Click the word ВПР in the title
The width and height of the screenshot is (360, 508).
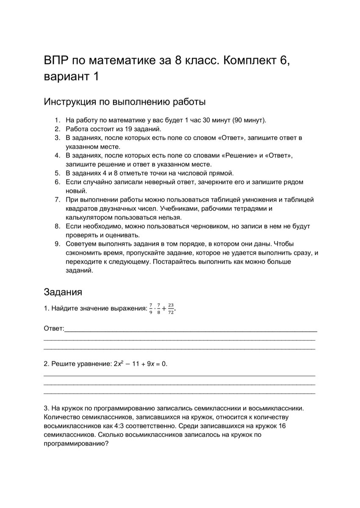point(56,61)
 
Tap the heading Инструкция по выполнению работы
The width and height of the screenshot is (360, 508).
point(125,102)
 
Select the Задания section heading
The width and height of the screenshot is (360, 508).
point(63,292)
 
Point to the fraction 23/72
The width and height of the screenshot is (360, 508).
point(171,309)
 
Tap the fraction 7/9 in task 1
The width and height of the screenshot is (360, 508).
point(151,309)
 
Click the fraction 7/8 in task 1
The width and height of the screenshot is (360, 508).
point(159,309)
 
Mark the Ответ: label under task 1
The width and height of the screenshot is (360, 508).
point(54,329)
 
